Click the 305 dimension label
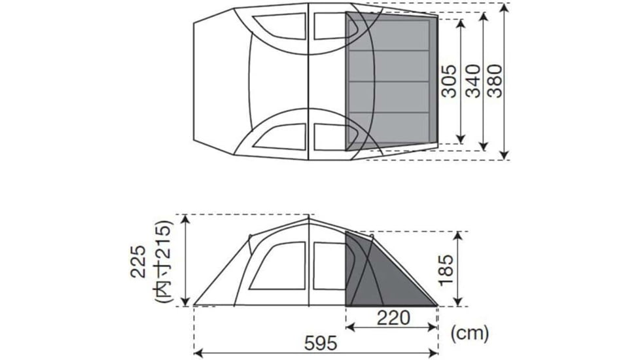tap(450, 81)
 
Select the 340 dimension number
tap(472, 81)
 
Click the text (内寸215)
tap(163, 260)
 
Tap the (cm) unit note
tap(470, 333)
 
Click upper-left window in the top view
tap(277, 26)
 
